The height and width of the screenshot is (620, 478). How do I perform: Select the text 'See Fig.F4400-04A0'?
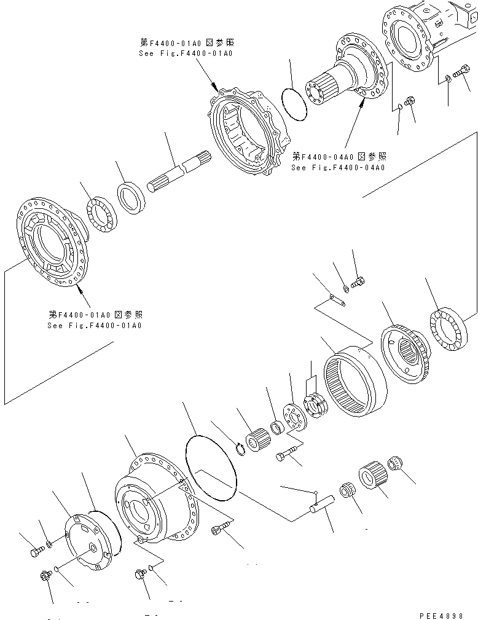click(x=338, y=168)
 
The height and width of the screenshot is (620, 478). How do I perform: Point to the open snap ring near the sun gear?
click(x=241, y=451)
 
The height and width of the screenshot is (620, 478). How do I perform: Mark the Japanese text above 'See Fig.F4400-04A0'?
click(x=338, y=156)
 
